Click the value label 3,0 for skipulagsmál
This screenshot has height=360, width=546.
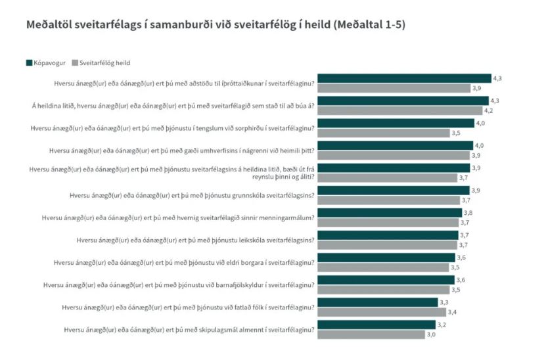coord(432,334)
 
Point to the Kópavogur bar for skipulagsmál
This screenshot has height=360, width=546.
coord(377,325)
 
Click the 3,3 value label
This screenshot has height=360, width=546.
coord(445,302)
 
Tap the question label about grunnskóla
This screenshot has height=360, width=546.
coord(192,195)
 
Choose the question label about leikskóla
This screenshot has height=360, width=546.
coord(195,240)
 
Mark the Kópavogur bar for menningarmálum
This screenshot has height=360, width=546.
coord(390,213)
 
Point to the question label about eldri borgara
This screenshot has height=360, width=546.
coord(184,262)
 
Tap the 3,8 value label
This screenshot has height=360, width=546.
coord(468,213)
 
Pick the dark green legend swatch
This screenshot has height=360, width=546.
coord(30,63)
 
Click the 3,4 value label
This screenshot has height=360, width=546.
coord(451,312)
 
